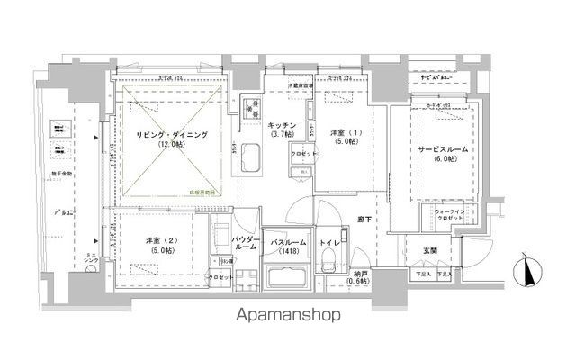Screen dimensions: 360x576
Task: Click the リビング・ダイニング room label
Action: pos(171,135)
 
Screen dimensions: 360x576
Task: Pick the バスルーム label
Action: pos(289,243)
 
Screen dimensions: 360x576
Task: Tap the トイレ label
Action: pos(328,243)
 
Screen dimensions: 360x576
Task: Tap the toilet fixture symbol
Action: pos(329,264)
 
